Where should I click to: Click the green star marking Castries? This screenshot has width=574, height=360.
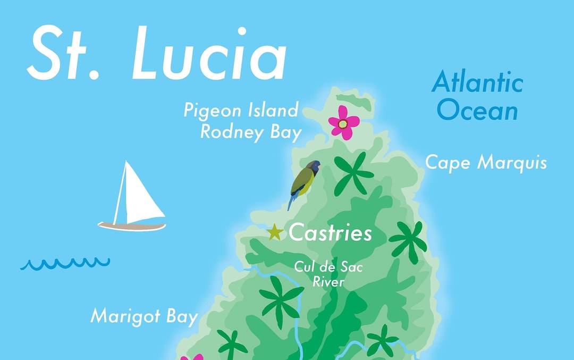275,232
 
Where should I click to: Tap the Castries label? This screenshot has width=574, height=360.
330,233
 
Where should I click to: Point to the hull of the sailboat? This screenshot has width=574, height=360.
132,227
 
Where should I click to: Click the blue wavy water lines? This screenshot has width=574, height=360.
65,263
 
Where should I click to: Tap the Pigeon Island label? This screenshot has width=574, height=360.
241,111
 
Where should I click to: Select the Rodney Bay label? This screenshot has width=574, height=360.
251,132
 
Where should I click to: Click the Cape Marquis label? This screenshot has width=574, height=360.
486,163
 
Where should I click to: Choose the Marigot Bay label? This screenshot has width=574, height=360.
144,316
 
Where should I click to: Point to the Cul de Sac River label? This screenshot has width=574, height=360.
328,274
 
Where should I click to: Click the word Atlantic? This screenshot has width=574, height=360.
477,84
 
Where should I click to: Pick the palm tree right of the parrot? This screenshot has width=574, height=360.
354,173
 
